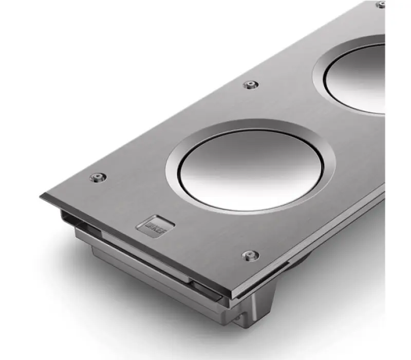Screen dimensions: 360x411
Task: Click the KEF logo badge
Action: (x=156, y=227)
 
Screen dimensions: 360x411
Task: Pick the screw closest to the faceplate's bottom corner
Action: (x=250, y=255)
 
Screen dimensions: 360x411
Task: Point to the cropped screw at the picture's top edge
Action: (x=381, y=4)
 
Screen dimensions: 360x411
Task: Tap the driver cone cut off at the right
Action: (x=360, y=77)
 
